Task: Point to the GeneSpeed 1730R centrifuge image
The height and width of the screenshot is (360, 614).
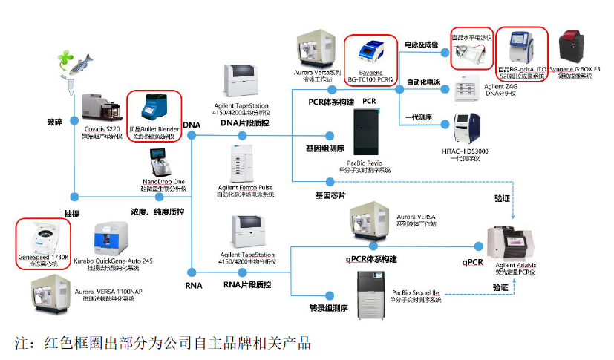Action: (42, 235)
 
